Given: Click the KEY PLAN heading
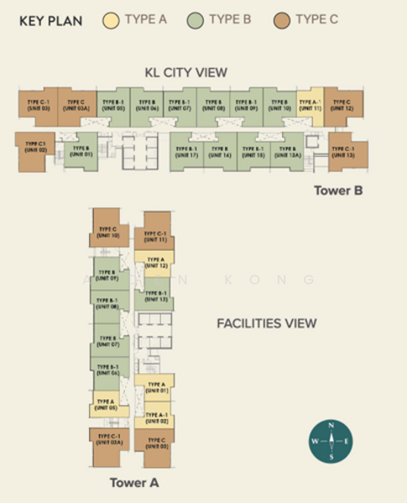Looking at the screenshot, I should [x=50, y=20].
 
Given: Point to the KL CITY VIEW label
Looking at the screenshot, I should [x=185, y=73].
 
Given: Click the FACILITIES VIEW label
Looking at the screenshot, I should [x=266, y=323].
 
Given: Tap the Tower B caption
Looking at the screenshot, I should [x=337, y=190].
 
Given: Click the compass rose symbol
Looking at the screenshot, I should [x=331, y=441].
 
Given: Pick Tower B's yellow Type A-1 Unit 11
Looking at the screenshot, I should [x=310, y=106].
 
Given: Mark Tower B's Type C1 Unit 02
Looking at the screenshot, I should [x=34, y=148].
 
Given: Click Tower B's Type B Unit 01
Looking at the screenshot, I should [x=81, y=151].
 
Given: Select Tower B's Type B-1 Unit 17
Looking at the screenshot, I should [x=186, y=152].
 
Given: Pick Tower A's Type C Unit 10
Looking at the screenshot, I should [x=110, y=230].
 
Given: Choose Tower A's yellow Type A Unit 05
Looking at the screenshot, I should [x=107, y=405].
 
